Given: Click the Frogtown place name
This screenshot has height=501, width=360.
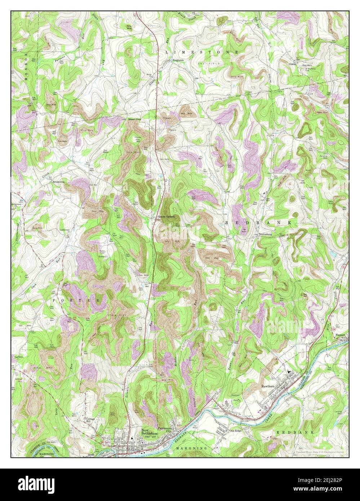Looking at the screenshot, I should [178, 61].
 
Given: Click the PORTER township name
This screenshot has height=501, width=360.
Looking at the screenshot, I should [76, 300].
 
